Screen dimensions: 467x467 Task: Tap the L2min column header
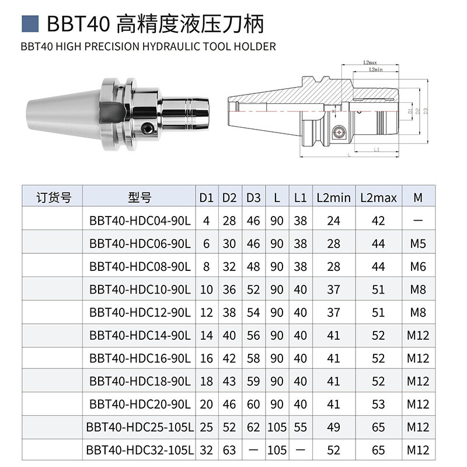(333, 197)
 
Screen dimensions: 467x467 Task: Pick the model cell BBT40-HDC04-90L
(140, 221)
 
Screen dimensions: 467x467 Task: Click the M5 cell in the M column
(417, 243)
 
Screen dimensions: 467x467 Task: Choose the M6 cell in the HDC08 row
(417, 266)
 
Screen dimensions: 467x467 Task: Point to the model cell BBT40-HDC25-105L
(140, 427)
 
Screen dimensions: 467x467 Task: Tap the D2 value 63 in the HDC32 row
(229, 450)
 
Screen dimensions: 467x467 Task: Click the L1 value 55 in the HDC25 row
(300, 427)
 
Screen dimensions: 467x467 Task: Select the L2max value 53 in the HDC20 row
(378, 404)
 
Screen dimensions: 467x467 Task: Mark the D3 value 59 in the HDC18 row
(253, 381)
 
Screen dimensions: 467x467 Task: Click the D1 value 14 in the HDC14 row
(206, 335)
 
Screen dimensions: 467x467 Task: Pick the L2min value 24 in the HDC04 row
(333, 221)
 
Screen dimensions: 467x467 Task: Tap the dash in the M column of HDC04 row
(417, 221)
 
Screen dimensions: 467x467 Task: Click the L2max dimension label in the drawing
(369, 62)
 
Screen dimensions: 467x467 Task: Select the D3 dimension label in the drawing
(426, 110)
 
